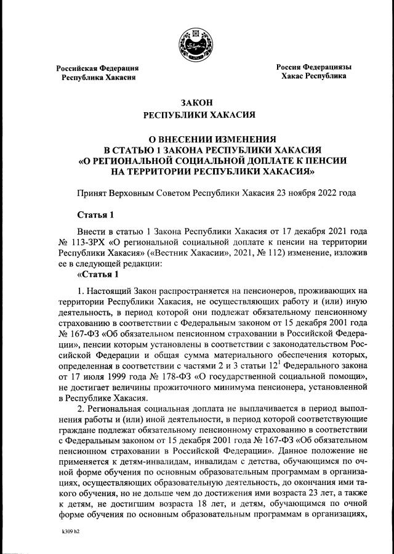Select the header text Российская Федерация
pos(97,68)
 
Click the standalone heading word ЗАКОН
pos(196,102)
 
